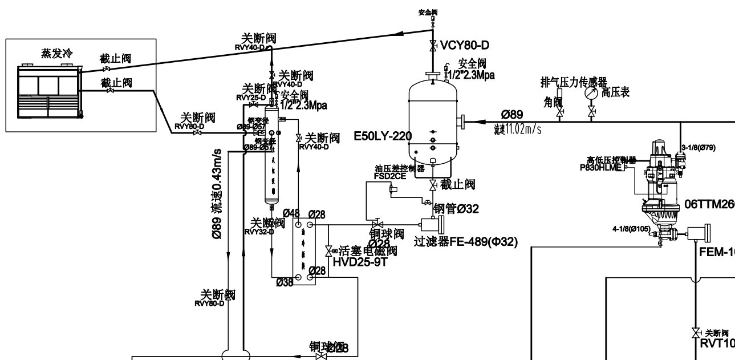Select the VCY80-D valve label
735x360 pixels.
(465, 45)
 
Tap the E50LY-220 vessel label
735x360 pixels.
(381, 135)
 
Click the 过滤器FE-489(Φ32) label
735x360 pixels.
(466, 241)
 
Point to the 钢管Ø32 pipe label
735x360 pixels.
(456, 209)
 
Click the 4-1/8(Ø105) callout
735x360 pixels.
(631, 229)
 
